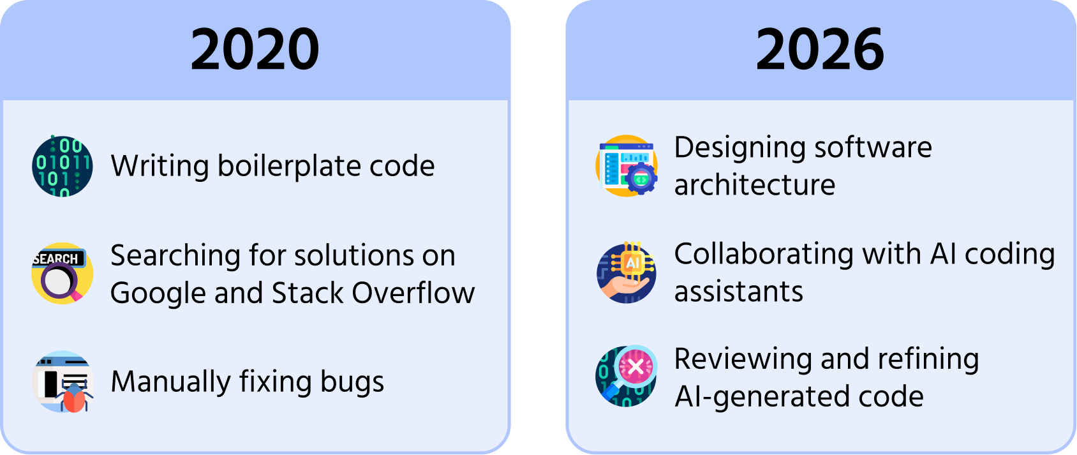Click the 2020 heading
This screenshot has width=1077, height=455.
tap(255, 49)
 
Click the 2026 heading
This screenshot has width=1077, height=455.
tap(820, 49)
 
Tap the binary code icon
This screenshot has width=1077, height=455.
tap(63, 166)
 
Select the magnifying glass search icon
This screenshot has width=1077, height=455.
tap(63, 273)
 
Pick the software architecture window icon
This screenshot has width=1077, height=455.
tap(627, 165)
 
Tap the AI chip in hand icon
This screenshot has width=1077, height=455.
tap(627, 272)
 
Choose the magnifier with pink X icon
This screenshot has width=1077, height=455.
tap(627, 376)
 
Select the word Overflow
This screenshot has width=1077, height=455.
tap(413, 293)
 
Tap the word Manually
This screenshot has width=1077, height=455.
tap(171, 382)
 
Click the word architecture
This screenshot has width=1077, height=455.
tap(755, 185)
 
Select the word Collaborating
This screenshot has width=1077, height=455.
tap(764, 254)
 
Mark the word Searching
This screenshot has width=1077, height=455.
tap(175, 256)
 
